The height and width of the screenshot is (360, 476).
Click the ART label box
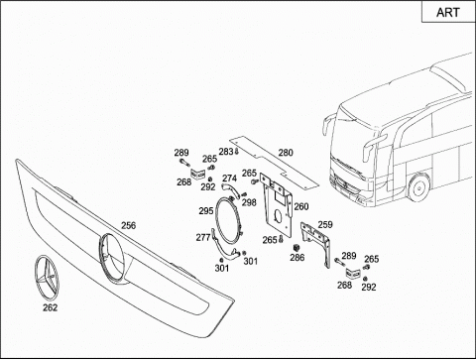pos(448,12)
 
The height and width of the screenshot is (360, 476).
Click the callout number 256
pos(128,225)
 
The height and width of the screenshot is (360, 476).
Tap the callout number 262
pos(50,307)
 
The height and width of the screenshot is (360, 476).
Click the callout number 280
pos(286,153)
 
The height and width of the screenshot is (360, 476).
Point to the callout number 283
pos(226,152)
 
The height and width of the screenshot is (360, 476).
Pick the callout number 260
pos(301,206)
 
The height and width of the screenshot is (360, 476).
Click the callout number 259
pos(325,225)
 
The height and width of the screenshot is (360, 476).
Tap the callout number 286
pos(297,257)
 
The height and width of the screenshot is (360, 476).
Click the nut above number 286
pos(297,248)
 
